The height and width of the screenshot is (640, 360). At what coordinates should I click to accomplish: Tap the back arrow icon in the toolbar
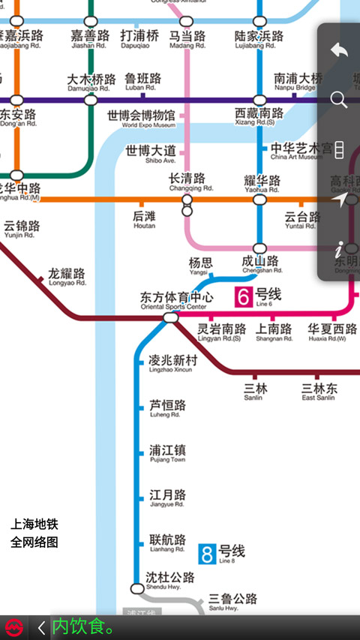point(339,50)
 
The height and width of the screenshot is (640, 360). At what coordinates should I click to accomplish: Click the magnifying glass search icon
point(339,100)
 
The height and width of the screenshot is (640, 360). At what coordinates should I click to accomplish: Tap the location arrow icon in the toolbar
point(340,200)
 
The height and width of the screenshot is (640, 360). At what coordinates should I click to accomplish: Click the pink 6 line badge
point(243,296)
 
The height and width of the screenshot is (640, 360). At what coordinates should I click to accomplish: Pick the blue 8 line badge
point(207,554)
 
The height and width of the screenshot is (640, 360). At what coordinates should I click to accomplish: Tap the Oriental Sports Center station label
point(177,300)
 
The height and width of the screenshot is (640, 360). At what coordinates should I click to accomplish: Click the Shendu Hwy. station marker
point(136,588)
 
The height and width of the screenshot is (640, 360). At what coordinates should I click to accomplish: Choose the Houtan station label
point(144,219)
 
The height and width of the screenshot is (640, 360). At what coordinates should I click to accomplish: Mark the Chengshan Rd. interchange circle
point(259,248)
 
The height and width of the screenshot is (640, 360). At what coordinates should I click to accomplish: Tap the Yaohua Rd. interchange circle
point(259,200)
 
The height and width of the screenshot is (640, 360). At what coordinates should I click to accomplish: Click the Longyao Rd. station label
point(67,277)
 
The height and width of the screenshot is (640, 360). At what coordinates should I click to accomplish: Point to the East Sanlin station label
point(319,392)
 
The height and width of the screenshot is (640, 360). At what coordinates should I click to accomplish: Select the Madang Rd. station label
point(187,39)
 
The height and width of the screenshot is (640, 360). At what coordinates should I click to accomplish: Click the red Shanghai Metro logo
point(13,627)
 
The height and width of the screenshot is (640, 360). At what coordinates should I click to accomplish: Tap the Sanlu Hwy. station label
point(232,602)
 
